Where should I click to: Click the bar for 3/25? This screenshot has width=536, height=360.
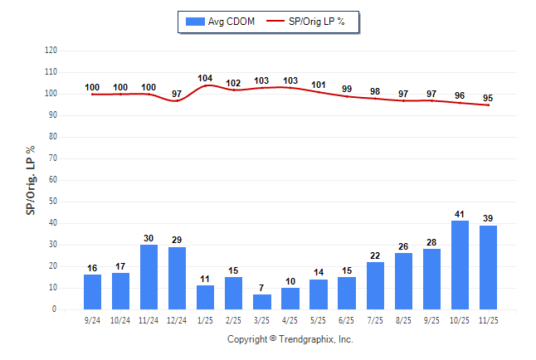[x=261, y=302]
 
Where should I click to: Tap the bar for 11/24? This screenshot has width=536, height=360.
[x=149, y=277]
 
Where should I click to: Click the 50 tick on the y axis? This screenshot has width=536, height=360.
[x=52, y=202]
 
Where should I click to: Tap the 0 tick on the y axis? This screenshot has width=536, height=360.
[x=55, y=309]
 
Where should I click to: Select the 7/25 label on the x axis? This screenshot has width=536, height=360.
[x=375, y=319]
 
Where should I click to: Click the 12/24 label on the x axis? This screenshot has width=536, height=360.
[x=177, y=319]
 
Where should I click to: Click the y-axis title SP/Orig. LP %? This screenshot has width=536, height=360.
[x=31, y=178]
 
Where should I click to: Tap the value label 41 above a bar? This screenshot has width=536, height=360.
[x=460, y=214]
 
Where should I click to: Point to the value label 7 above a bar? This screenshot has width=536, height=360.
[x=261, y=288]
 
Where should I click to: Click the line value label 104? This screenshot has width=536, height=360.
[x=205, y=78]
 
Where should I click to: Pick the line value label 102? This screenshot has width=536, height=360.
[x=233, y=83]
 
